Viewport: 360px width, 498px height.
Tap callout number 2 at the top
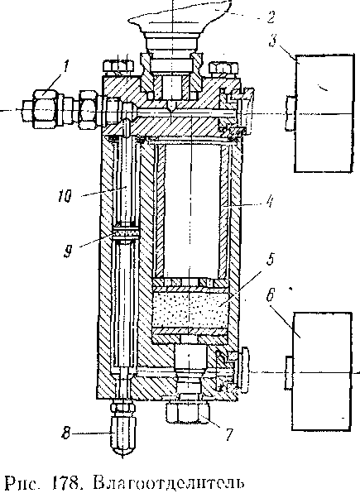(x=270, y=17)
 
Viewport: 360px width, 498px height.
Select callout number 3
(x=272, y=41)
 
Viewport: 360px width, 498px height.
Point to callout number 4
(x=270, y=201)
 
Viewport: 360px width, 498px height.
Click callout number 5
(x=270, y=260)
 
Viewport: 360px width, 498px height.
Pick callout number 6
(x=270, y=295)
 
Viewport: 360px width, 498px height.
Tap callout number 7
(x=229, y=435)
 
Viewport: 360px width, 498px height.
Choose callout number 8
(x=65, y=433)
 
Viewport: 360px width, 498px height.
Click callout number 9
(x=68, y=251)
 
